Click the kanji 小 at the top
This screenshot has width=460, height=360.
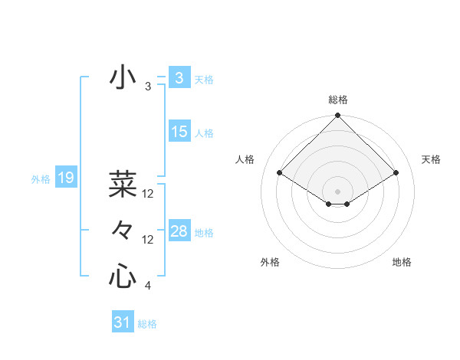coord(122,78)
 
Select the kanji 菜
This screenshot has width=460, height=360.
coord(122,183)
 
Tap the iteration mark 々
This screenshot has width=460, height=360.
coord(122,230)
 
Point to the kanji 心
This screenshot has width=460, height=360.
coord(122,277)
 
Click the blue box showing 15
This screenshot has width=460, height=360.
coord(179,132)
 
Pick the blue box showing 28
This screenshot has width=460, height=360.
coord(179,231)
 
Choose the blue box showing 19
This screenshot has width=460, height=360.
coord(66,178)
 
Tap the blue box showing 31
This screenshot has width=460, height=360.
coord(123,322)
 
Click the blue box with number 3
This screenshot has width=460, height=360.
coord(179,78)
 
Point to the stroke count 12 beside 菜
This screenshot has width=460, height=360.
coord(149,194)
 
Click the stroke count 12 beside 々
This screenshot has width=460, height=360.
coord(149,240)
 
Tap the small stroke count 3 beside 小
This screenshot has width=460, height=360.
coord(148,87)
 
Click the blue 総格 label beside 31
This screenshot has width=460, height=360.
coord(147,324)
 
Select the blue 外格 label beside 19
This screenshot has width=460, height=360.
coord(41,179)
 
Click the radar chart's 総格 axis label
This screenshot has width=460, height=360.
coord(338,100)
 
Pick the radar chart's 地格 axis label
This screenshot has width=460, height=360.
coord(402,262)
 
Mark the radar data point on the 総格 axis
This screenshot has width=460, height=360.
coord(338,116)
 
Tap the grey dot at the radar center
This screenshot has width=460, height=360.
coord(338,191)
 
